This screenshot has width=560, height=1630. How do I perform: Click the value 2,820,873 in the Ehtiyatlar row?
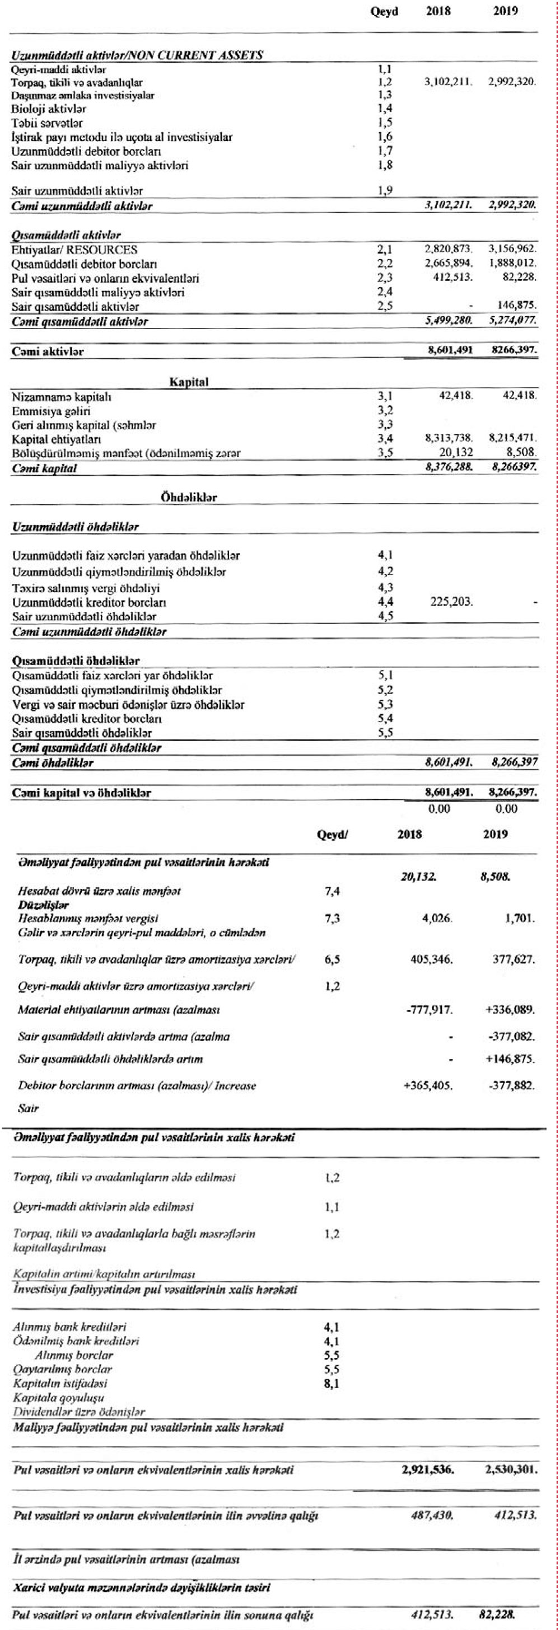coord(449,250)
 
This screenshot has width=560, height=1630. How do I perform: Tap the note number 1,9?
coord(385,190)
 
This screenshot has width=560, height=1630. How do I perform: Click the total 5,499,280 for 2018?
coord(449,321)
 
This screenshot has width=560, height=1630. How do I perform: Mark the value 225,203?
coord(451,602)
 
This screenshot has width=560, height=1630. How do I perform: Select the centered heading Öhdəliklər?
coord(189,498)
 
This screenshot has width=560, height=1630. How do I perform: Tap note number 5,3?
coord(385,704)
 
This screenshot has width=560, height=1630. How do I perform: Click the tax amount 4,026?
coord(437,918)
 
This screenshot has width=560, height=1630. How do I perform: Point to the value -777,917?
coord(429,1009)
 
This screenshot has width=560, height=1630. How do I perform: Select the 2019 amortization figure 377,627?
coord(514,959)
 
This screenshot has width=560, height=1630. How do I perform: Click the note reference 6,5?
coord(332,959)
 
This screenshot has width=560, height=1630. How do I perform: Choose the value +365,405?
coord(428,1086)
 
